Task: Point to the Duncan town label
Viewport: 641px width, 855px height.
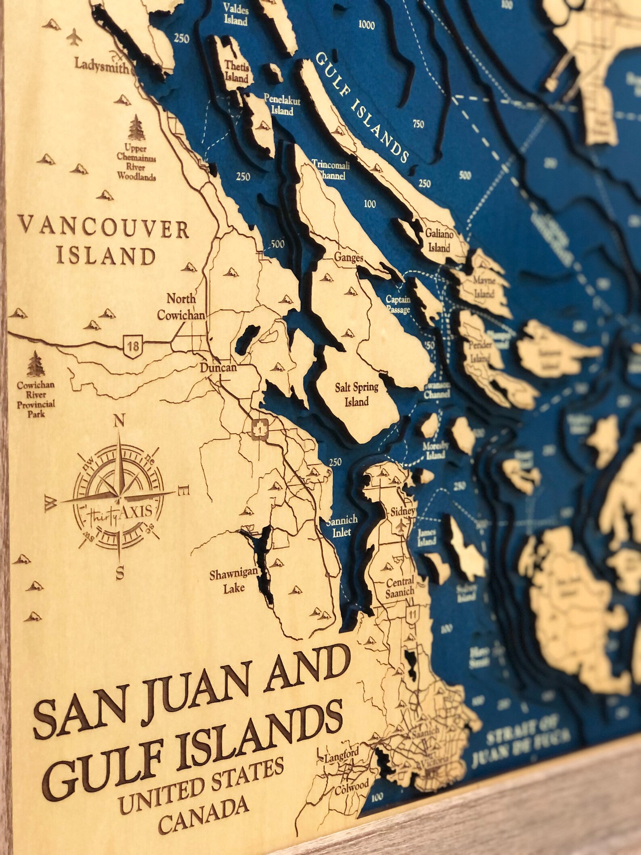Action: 218,368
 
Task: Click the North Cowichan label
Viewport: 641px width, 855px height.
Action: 181,307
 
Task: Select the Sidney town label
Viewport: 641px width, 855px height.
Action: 402,512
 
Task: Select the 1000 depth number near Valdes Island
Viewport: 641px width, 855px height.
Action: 366,25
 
